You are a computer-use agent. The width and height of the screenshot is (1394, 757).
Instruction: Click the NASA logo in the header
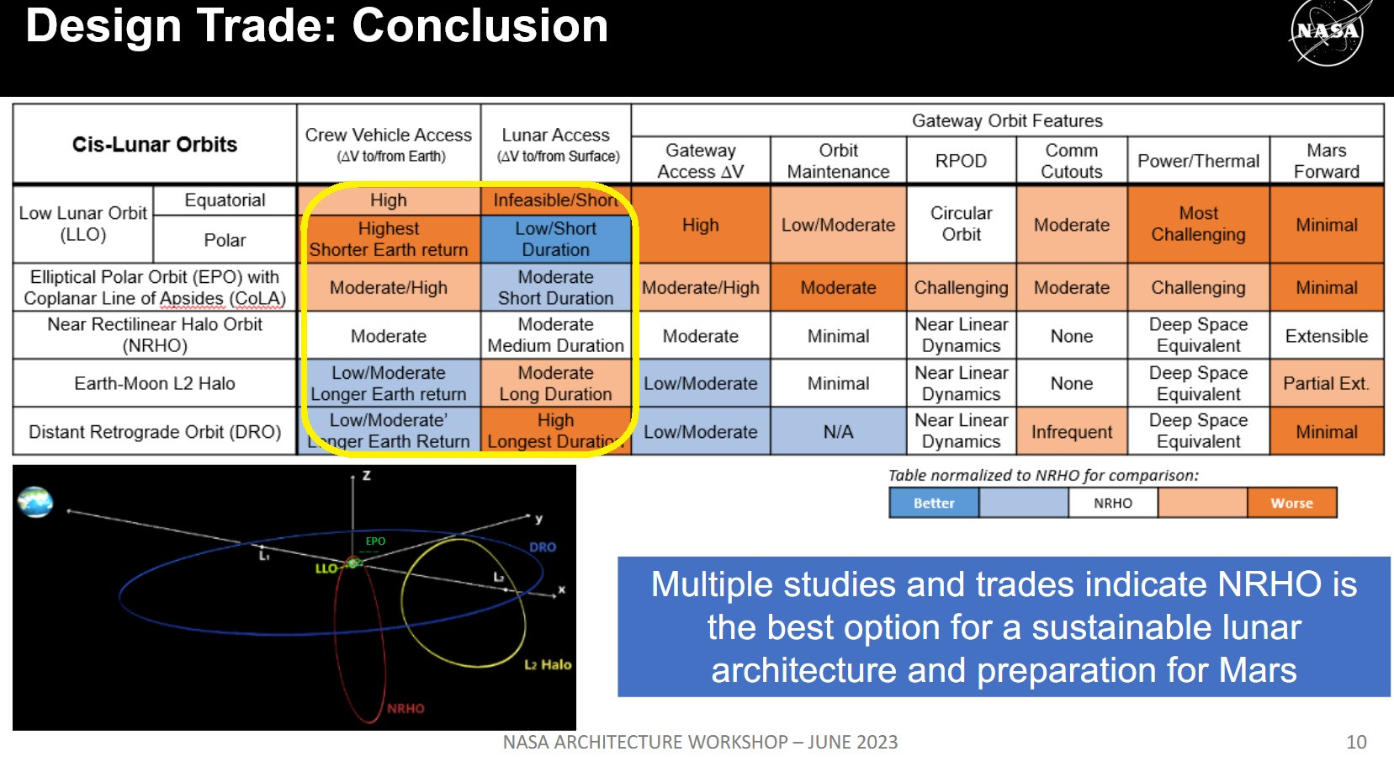pyautogui.click(x=1328, y=31)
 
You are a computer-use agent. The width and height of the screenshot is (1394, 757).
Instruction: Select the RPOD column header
pyautogui.click(x=961, y=161)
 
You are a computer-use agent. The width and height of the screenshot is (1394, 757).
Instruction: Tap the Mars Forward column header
pyautogui.click(x=1326, y=161)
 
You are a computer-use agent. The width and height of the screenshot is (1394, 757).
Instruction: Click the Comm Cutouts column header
pyautogui.click(x=1072, y=161)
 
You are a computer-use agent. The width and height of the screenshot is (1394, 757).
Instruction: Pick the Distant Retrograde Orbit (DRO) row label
pyautogui.click(x=155, y=431)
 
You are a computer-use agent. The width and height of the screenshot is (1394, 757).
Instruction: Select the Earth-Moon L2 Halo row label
pyautogui.click(x=155, y=383)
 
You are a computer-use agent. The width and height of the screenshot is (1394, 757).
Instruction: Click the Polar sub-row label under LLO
pyautogui.click(x=225, y=240)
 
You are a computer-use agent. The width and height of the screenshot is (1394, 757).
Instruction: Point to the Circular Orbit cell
pyautogui.click(x=961, y=224)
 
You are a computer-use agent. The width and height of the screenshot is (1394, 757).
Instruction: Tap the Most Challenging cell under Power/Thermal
pyautogui.click(x=1199, y=224)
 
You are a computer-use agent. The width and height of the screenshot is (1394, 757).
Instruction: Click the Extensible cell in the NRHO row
pyautogui.click(x=1326, y=336)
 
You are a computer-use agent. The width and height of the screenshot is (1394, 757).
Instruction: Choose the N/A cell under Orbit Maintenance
pyautogui.click(x=838, y=431)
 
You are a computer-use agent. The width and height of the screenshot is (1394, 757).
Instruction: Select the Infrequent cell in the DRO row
pyautogui.click(x=1072, y=431)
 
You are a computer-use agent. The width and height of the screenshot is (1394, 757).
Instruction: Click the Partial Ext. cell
pyautogui.click(x=1326, y=383)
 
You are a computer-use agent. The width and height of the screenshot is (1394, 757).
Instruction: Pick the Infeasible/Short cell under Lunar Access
pyautogui.click(x=556, y=200)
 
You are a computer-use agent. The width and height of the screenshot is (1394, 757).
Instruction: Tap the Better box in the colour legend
pyautogui.click(x=934, y=503)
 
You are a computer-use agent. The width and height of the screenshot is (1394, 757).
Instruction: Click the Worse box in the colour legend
pyautogui.click(x=1292, y=503)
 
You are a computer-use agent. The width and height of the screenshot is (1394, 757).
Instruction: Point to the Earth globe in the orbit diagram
pyautogui.click(x=35, y=502)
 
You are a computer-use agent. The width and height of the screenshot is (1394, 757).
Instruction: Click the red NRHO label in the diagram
pyautogui.click(x=405, y=708)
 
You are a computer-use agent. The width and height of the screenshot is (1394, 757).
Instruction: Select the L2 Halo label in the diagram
pyautogui.click(x=548, y=664)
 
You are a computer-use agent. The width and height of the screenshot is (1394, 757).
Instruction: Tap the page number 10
pyautogui.click(x=1356, y=742)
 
